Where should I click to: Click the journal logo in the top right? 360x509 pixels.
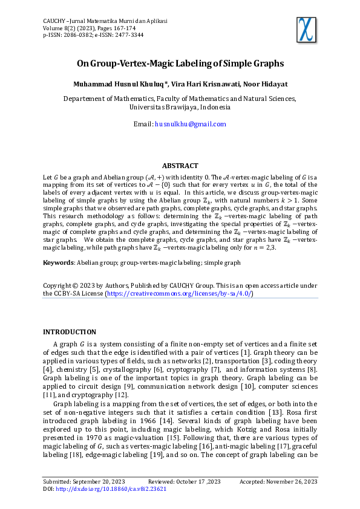pos(307,28)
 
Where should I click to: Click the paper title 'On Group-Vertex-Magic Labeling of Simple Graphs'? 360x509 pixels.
pos(180,63)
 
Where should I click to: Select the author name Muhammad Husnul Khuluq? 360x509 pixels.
pos(119,84)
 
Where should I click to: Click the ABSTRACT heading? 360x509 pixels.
pos(180,166)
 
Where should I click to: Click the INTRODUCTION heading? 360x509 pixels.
pos(70,332)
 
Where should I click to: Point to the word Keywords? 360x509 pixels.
pos(57,263)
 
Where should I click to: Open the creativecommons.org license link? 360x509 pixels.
pos(179,293)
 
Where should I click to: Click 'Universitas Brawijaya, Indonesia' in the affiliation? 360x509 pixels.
pos(180,107)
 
